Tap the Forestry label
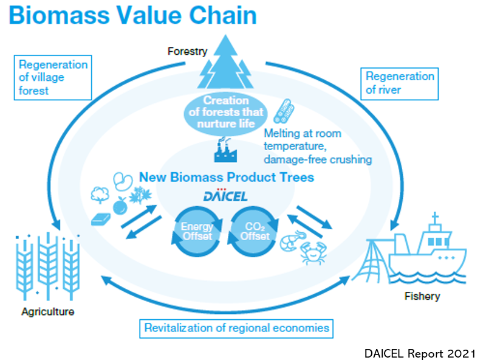click(x=187, y=51)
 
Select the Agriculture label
click(x=48, y=311)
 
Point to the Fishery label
click(x=422, y=296)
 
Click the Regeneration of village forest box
click(x=53, y=78)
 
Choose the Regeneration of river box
click(x=400, y=83)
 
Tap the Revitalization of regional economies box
click(x=236, y=328)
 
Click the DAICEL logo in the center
click(x=225, y=195)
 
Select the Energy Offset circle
click(x=197, y=232)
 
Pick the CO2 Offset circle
click(x=253, y=232)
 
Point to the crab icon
click(x=313, y=253)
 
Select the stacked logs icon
click(x=284, y=111)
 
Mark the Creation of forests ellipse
click(x=225, y=113)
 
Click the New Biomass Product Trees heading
click(x=227, y=177)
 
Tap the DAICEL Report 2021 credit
click(x=420, y=353)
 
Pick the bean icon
click(x=123, y=181)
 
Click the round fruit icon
click(x=120, y=206)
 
